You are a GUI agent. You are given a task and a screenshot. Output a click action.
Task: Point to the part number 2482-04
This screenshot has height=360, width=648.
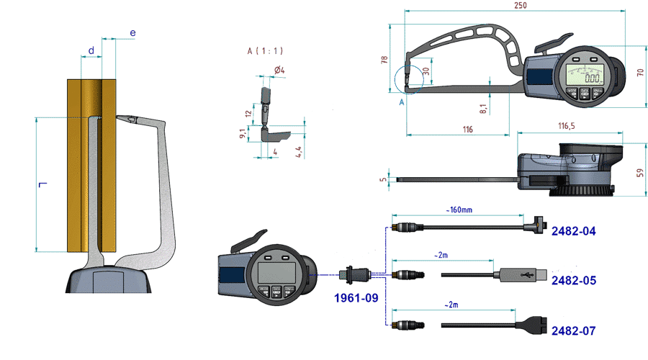573,231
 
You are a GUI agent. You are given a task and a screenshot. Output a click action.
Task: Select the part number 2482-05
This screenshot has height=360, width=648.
573,281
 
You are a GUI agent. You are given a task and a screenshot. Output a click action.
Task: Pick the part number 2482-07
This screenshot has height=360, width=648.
573,330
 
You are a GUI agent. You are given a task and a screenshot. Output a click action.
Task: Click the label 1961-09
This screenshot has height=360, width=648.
355,297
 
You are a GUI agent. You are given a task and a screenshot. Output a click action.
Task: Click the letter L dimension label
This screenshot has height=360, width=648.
42,186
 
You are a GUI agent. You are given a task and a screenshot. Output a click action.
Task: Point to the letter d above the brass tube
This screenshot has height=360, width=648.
91,50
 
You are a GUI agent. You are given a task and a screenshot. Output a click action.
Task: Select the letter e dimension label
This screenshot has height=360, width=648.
132,33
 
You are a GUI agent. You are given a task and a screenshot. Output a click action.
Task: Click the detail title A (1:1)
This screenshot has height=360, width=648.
265,51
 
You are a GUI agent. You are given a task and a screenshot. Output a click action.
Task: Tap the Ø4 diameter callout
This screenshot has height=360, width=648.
279,70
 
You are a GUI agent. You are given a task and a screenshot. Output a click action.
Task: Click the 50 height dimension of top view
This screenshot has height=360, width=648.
639,172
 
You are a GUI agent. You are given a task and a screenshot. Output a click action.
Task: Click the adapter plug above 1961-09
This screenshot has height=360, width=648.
355,274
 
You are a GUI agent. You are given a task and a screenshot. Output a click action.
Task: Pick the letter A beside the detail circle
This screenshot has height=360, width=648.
401,103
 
